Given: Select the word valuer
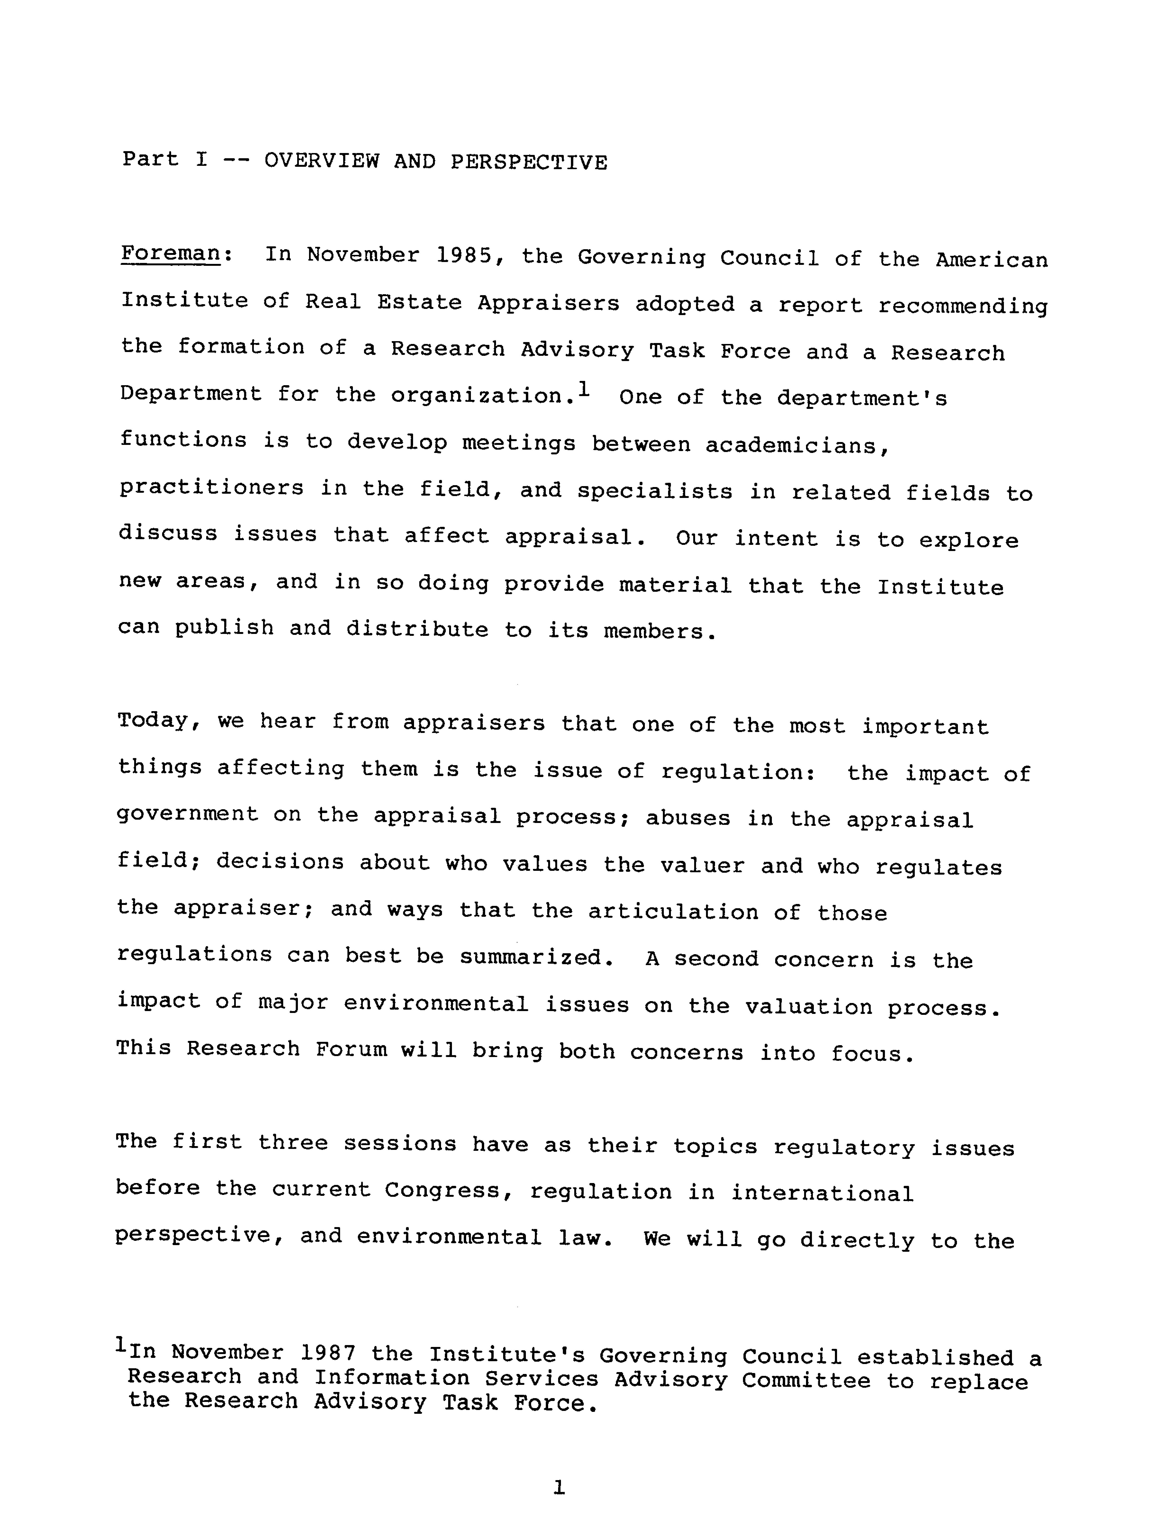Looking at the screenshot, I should pyautogui.click(x=702, y=865).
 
